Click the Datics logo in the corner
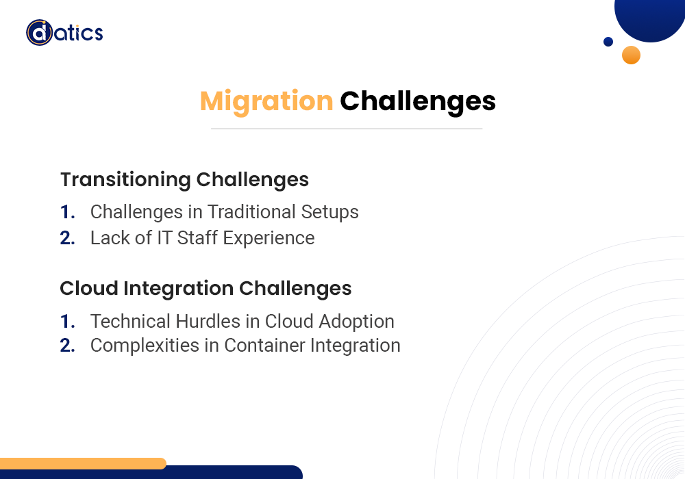coord(64,33)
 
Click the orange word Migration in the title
coord(266,102)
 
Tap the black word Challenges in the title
coord(418,102)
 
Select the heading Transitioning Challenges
coord(184,180)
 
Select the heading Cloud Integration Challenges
coord(206,288)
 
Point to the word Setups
coord(330,213)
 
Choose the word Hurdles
coord(208,322)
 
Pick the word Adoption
coord(356,322)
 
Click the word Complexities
coord(145,346)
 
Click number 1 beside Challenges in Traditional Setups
coord(67,212)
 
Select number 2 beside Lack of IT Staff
coord(67,238)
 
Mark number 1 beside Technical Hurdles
coord(67,322)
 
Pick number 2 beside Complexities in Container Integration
coord(67,346)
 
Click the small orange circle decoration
coord(631,55)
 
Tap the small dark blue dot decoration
coord(608,42)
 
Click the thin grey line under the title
coord(347,129)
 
